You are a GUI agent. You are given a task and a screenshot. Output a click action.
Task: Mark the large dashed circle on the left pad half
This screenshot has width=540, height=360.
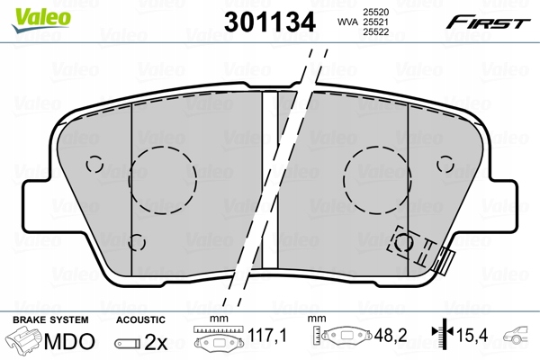[162, 177]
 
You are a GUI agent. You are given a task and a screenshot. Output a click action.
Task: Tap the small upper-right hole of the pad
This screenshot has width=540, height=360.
[446, 163]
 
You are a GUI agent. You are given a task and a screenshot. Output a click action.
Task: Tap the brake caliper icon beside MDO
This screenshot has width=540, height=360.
[24, 341]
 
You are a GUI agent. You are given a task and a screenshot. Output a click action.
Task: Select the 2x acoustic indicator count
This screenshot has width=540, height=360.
[156, 342]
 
